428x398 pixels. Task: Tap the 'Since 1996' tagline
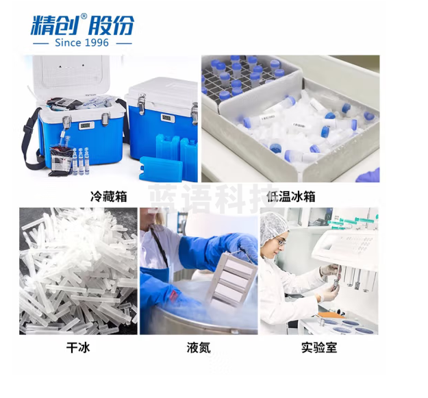[82, 43]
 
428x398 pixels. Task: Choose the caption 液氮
[199, 348]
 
